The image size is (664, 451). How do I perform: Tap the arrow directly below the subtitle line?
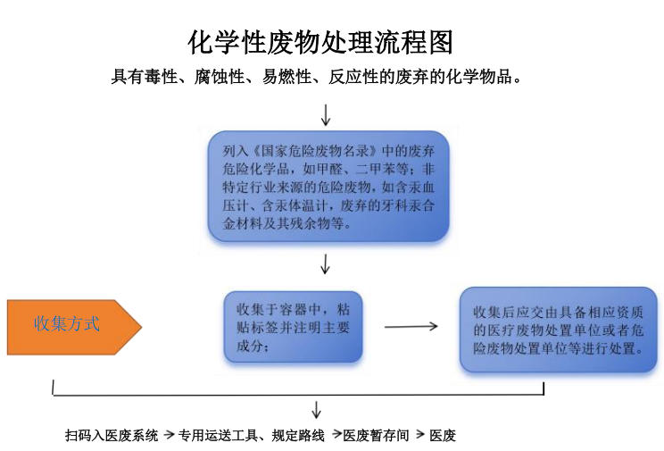[326, 113]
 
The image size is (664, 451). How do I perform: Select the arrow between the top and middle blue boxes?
[326, 263]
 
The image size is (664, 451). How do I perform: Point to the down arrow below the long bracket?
[316, 410]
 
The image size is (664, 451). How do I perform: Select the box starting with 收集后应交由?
[558, 330]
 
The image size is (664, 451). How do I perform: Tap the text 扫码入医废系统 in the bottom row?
[112, 436]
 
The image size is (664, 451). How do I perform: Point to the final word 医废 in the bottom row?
[443, 436]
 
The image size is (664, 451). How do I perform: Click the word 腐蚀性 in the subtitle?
[220, 77]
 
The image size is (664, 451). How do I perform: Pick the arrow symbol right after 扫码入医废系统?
[169, 436]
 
